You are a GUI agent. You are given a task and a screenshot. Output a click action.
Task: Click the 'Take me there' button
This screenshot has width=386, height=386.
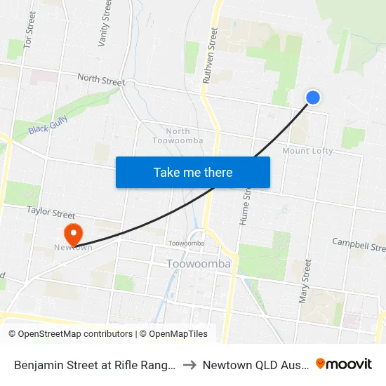[193, 172]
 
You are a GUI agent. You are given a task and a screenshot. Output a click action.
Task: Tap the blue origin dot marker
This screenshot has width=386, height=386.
[313, 98]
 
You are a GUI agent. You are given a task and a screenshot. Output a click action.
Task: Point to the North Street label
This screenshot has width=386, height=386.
[101, 80]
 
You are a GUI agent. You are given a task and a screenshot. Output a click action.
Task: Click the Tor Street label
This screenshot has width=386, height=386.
[29, 30]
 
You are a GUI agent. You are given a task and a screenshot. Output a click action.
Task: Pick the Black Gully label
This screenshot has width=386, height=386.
[46, 126]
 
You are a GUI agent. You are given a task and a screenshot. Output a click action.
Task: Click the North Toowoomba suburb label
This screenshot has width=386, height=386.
[178, 135]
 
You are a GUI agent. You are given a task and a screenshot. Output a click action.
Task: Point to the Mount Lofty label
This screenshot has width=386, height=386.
[307, 151]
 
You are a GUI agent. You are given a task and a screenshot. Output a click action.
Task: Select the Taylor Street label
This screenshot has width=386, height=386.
[51, 211]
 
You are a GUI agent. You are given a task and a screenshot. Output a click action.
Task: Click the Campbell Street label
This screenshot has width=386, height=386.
[359, 244]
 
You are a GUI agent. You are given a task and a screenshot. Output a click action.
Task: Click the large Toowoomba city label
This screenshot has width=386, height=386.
[199, 264]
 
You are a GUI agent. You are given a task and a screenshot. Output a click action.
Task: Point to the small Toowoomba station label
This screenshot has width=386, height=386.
[186, 244]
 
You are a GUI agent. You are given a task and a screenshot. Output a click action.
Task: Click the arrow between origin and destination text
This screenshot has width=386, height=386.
[190, 364]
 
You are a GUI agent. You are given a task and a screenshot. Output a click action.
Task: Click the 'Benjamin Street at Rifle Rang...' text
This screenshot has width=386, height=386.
[94, 364]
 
